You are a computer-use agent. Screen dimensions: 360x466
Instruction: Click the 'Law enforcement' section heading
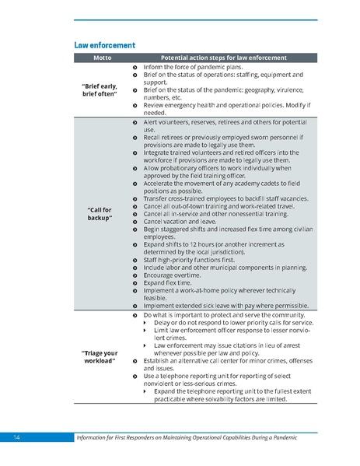click(104, 44)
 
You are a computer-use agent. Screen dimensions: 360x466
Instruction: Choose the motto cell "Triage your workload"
click(100, 356)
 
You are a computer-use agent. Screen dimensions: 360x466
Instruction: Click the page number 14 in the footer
click(16, 438)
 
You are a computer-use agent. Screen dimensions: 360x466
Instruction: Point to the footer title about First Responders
click(185, 438)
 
